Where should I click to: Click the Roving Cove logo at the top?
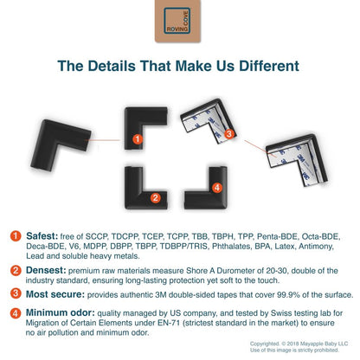pyautogui.click(x=177, y=21)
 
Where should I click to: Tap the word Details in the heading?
pyautogui.click(x=112, y=66)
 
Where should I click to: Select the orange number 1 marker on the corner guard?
pyautogui.click(x=138, y=139)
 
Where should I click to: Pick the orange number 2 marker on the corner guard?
pyautogui.click(x=156, y=198)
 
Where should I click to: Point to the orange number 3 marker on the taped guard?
pyautogui.click(x=229, y=134)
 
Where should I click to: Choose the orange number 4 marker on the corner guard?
pyautogui.click(x=217, y=188)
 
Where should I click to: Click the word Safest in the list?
pyautogui.click(x=42, y=236)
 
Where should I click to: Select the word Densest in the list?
pyautogui.click(x=46, y=270)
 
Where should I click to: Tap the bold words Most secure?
pyautogui.click(x=55, y=294)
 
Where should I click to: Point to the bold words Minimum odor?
pyautogui.click(x=61, y=312)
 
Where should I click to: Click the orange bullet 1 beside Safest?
pyautogui.click(x=16, y=235)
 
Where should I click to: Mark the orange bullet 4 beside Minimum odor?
pyautogui.click(x=16, y=313)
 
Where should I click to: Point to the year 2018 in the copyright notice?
pyautogui.click(x=292, y=344)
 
